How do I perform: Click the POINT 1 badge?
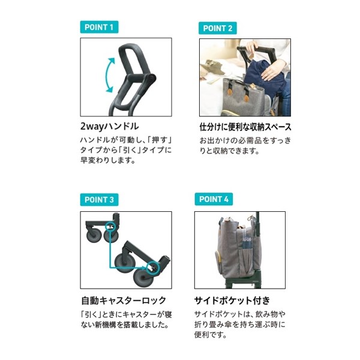click(x=99, y=27)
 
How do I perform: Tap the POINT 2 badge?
click(x=218, y=28)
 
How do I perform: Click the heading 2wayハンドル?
click(x=109, y=127)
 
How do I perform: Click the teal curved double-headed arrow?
click(x=108, y=75)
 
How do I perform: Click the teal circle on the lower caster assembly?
click(x=153, y=265)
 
